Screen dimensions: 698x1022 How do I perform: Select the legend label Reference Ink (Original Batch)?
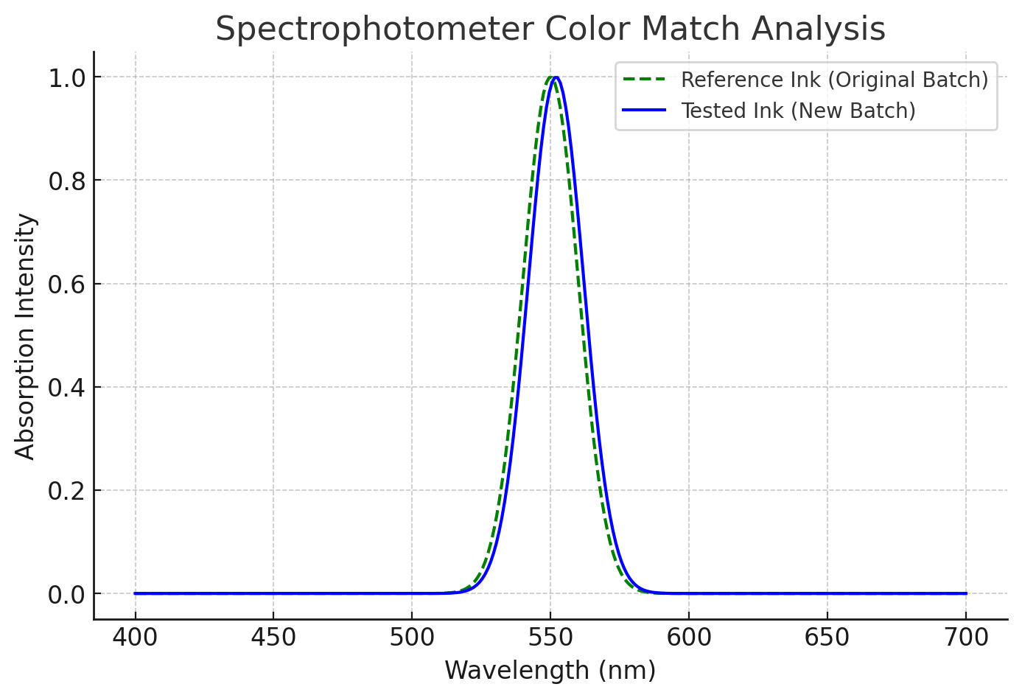pos(834,80)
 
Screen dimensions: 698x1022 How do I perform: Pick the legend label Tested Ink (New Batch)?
pos(798,111)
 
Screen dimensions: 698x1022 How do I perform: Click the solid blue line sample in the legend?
pos(644,111)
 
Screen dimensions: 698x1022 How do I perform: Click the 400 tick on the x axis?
pos(135,638)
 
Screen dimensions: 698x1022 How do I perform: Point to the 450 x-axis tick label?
pos(273,638)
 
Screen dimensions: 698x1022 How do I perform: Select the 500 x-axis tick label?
pos(412,638)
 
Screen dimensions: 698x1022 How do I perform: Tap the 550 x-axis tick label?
pos(550,638)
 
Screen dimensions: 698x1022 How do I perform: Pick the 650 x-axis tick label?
pos(827,638)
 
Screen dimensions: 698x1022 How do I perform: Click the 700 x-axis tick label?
pos(965,638)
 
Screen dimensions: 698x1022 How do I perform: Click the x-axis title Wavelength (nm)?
pos(550,671)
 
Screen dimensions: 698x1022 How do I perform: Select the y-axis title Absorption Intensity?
pos(26,336)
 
